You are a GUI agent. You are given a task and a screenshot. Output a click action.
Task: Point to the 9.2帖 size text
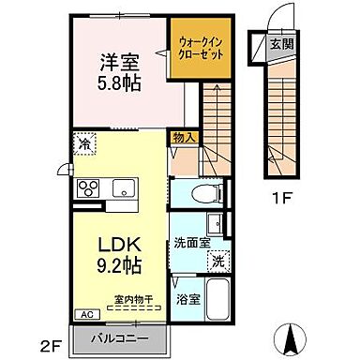pyautogui.click(x=120, y=265)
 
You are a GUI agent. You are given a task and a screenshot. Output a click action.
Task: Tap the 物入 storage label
pyautogui.click(x=184, y=138)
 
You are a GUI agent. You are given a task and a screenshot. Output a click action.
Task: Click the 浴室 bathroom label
pyautogui.click(x=187, y=300)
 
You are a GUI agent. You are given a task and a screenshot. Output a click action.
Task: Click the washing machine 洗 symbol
pyautogui.click(x=217, y=261)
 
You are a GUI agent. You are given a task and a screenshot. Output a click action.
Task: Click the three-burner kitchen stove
pyautogui.click(x=89, y=185)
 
